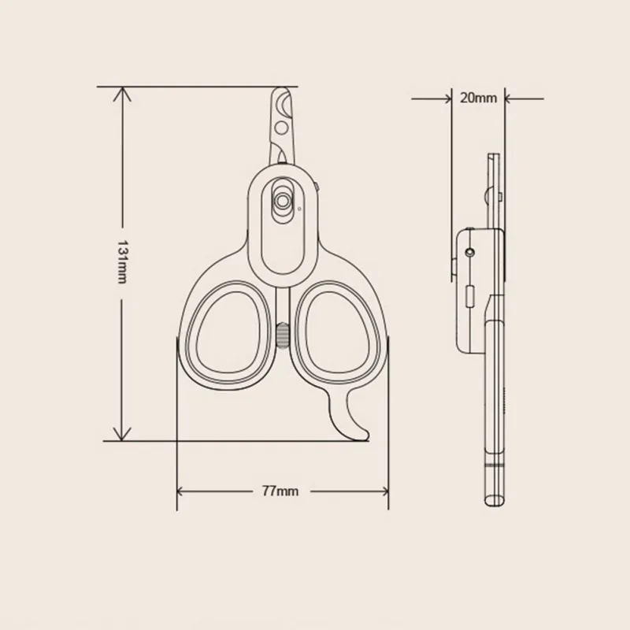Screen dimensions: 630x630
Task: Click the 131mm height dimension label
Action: pos(122,262)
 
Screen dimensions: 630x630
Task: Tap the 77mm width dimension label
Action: pos(280,491)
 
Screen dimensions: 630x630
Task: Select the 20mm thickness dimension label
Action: pos(478,98)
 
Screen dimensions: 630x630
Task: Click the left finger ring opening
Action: pos(228,332)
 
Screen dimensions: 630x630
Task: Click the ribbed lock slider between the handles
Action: pos(282,336)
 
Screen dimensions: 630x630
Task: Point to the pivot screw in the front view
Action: pos(282,200)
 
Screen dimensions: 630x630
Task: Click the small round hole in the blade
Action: pos(281,128)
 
